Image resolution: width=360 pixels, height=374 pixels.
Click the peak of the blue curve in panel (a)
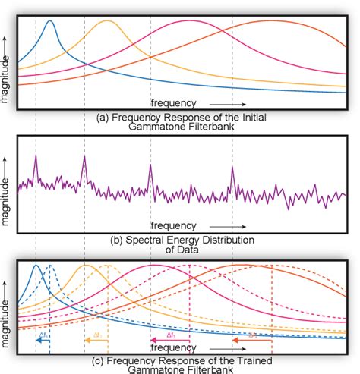49,22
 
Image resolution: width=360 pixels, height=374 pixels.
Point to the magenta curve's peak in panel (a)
189,22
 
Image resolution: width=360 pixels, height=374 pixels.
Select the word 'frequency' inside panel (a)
174,102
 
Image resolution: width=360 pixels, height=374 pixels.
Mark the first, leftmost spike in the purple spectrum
35,157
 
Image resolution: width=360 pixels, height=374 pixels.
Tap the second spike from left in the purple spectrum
84,157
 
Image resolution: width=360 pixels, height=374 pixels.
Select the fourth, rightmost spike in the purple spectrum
232,168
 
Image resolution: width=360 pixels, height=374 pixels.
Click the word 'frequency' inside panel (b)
174,225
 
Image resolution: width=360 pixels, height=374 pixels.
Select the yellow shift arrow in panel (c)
96,341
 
